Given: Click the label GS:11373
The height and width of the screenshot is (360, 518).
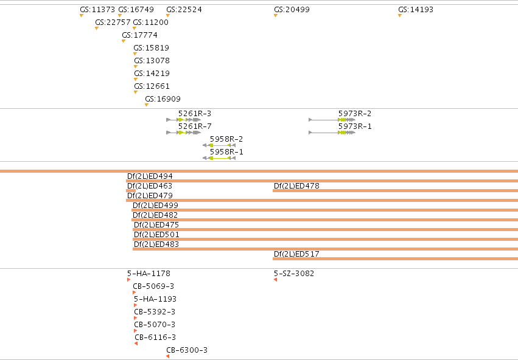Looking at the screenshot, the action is [97, 10].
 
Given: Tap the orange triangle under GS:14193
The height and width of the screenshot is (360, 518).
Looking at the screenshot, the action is [400, 16].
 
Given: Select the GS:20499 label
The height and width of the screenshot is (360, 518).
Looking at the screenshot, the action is [292, 10].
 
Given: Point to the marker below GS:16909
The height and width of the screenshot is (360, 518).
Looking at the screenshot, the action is [147, 105].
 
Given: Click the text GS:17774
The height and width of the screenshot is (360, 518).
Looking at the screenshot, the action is [140, 35].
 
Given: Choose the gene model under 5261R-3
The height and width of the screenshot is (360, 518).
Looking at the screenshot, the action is [184, 120].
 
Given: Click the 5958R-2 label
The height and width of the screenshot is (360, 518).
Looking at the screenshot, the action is [226, 139].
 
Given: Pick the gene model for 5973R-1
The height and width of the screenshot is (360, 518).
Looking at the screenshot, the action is [332, 133].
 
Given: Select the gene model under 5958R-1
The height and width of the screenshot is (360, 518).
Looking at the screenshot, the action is [219, 158].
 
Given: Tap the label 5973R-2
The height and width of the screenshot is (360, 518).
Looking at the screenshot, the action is [355, 114].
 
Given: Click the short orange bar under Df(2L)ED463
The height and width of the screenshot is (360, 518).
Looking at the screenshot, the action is [131, 190].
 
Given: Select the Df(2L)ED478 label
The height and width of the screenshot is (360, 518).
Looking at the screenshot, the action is [296, 185].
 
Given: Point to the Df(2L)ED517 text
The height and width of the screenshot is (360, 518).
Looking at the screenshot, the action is [296, 254].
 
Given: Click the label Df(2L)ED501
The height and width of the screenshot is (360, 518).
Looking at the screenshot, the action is [156, 234].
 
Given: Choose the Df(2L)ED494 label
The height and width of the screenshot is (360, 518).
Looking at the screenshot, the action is [150, 176].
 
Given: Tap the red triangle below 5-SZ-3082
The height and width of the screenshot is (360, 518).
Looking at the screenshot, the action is [276, 280].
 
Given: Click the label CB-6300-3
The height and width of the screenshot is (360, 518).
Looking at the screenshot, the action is [187, 350].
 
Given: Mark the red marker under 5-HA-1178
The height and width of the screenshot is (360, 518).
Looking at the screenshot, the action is [128, 280].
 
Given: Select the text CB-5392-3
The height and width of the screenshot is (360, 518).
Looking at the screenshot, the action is [155, 311].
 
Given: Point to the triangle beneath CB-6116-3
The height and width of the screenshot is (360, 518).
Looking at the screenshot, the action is [136, 344].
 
